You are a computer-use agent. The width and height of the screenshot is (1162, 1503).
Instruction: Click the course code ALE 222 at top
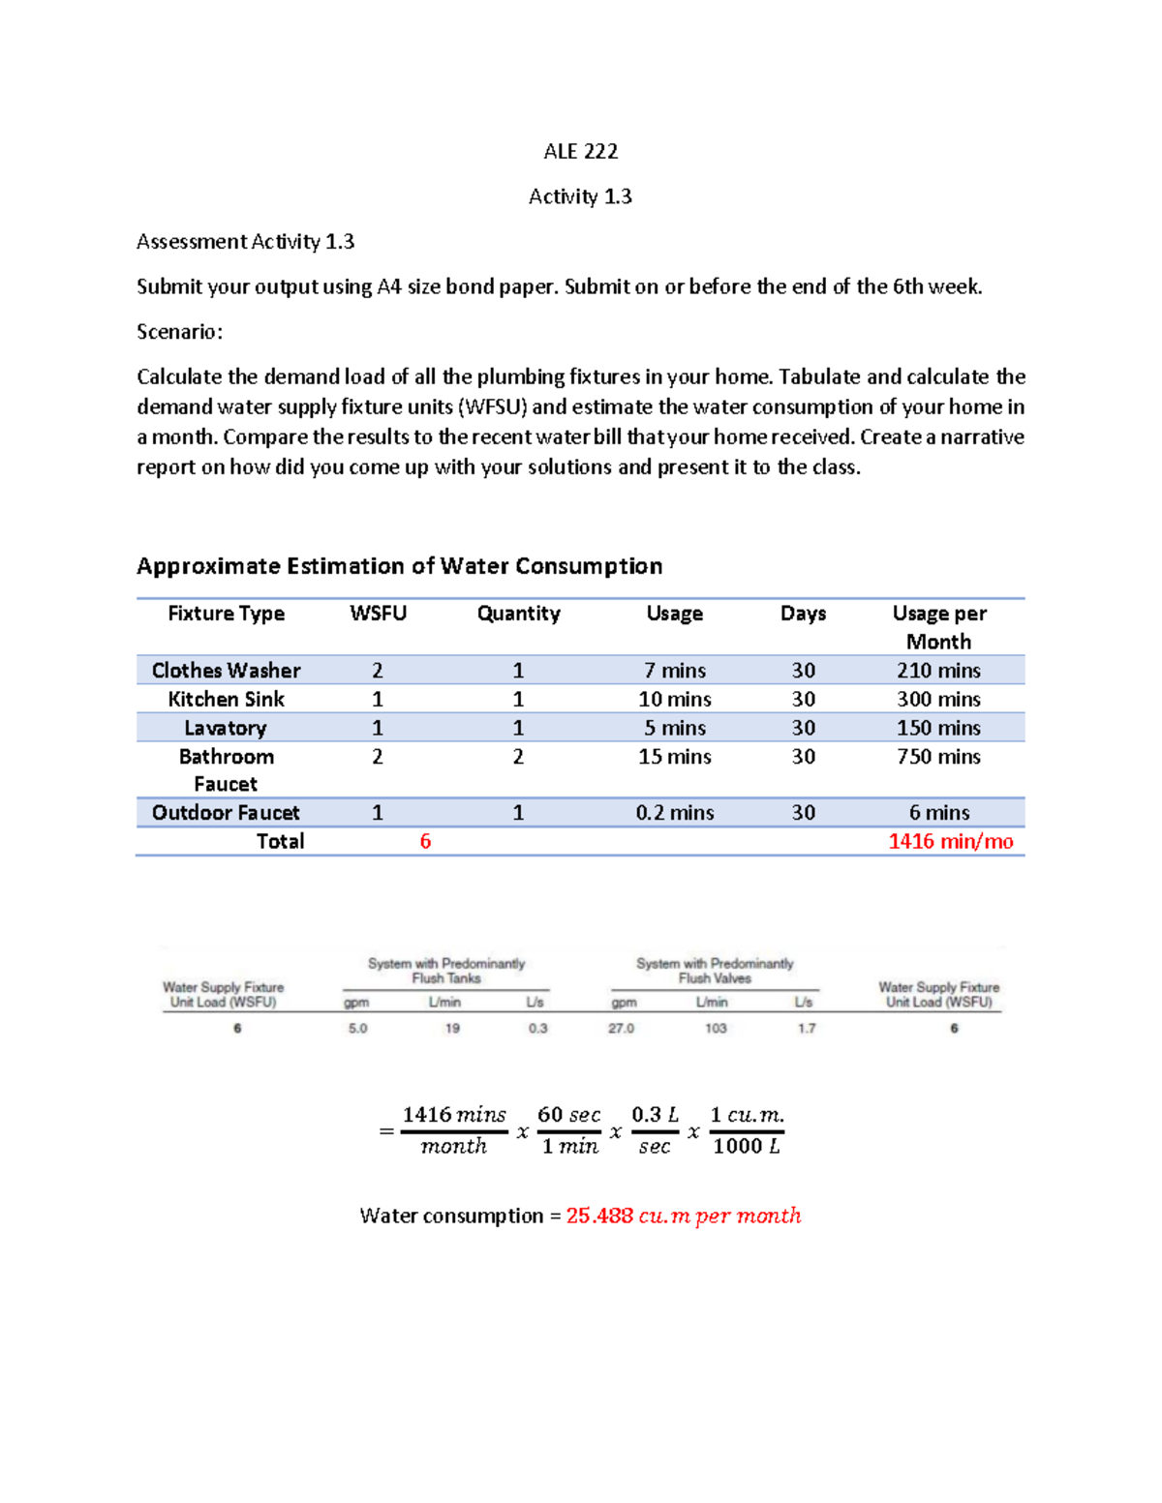[x=580, y=151]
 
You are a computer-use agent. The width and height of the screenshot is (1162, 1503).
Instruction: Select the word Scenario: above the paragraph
[x=179, y=332]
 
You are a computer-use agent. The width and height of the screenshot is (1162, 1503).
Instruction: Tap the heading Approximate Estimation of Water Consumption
[x=399, y=566]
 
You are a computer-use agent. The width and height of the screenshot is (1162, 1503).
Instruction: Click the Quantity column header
[x=518, y=614]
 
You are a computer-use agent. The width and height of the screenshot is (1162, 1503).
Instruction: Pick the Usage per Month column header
[x=938, y=627]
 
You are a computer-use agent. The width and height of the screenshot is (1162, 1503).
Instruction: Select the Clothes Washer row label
[x=226, y=671]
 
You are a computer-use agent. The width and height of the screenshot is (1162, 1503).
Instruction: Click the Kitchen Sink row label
[x=226, y=699]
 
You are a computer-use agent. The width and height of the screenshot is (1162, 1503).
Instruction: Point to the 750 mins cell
[x=938, y=757]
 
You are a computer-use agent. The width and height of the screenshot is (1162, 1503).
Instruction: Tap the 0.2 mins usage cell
[x=674, y=813]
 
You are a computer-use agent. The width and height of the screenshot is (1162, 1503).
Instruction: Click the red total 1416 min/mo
[x=950, y=842]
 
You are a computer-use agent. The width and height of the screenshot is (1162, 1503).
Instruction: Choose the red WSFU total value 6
[x=425, y=842]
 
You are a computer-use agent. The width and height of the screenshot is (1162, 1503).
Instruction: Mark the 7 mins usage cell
[x=674, y=671]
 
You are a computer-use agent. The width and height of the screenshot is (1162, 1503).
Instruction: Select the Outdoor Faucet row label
[x=226, y=813]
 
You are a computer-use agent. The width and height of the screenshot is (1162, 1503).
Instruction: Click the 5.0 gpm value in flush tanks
[x=357, y=1029]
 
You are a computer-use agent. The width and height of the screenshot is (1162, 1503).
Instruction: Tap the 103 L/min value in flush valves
[x=715, y=1029]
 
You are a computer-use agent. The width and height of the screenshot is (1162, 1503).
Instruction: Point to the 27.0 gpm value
[x=621, y=1029]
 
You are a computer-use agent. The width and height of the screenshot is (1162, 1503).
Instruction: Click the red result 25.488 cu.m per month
[x=683, y=1217]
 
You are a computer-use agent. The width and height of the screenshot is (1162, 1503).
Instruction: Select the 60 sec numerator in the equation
[x=568, y=1115]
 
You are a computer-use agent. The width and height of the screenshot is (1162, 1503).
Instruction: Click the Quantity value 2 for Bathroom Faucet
[x=518, y=757]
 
